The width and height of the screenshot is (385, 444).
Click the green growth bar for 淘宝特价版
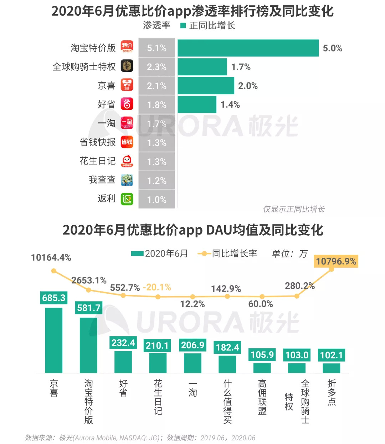coord(248,48)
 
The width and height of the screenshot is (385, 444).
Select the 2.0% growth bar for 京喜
coord(206,86)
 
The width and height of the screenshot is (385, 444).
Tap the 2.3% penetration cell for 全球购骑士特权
coord(156,67)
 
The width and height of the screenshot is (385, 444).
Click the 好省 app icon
coord(127,104)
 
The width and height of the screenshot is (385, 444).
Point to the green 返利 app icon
coord(127,199)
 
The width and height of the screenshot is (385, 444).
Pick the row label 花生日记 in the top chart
coord(98,161)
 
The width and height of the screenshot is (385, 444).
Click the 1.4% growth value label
coord(230,105)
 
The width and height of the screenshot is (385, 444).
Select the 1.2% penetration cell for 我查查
coord(156,181)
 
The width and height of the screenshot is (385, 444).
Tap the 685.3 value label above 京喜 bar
coord(54,298)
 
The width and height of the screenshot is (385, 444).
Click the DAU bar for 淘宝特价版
coord(88,345)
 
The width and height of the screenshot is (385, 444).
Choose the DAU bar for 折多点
coord(332,368)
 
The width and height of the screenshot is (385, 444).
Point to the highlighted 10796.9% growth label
coord(336,262)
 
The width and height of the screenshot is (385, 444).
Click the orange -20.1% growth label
coord(157,287)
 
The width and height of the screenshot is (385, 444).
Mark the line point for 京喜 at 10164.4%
coord(54,271)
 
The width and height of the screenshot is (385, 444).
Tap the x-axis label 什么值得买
coord(227,402)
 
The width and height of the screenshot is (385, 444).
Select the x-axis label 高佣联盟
coord(262,397)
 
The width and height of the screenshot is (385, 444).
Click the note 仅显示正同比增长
coord(294,209)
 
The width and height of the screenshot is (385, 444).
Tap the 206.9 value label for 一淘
coord(192,345)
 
